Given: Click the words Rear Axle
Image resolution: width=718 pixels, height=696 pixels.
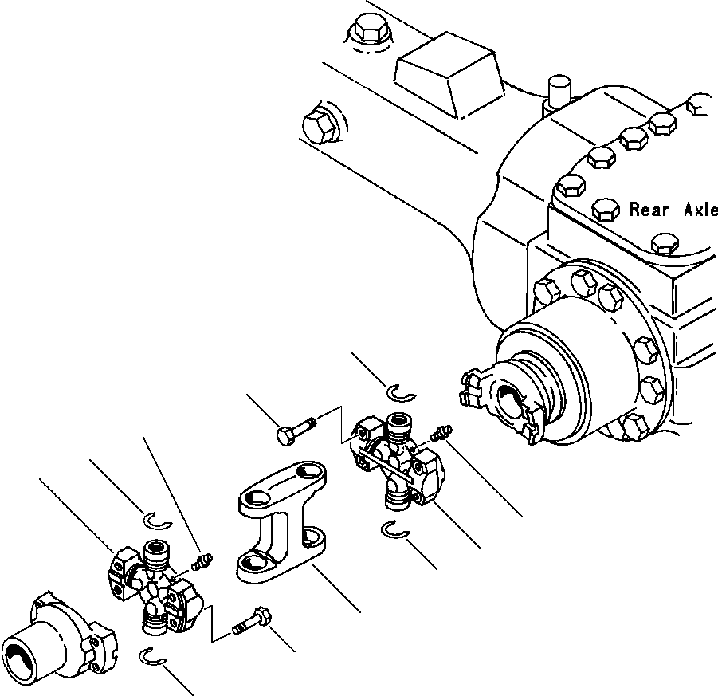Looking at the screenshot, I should pyautogui.click(x=673, y=210).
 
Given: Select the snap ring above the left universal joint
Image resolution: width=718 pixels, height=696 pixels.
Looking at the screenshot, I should pyautogui.click(x=156, y=520).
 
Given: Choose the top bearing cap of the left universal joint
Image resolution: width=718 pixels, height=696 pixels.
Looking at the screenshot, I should pyautogui.click(x=156, y=552).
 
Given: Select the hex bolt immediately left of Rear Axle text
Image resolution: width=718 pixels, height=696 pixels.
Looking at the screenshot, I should pyautogui.click(x=606, y=211).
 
